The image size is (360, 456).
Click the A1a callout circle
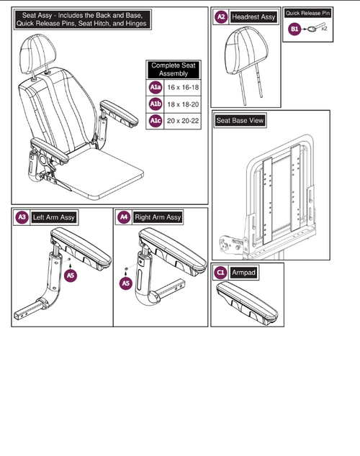(156, 87)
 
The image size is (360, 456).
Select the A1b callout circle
(156, 104)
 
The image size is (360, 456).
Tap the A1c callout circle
(156, 121)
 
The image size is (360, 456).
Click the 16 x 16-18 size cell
(183, 87)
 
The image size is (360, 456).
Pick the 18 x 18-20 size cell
(183, 104)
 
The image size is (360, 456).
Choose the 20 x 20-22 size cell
(183, 121)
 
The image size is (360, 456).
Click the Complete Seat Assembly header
(174, 70)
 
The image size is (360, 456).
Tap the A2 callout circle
(221, 17)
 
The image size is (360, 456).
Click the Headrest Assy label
(253, 17)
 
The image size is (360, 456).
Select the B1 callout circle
(294, 29)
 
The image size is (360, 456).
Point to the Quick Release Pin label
(307, 13)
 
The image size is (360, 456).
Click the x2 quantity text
(325, 29)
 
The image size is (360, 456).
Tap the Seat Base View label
(240, 120)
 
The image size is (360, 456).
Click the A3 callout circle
(22, 217)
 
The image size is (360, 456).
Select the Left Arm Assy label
(54, 217)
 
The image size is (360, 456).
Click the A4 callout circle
(124, 217)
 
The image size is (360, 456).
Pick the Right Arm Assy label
(158, 217)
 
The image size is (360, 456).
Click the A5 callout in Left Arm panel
(71, 275)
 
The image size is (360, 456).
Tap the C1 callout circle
(220, 273)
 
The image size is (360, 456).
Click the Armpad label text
(243, 273)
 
